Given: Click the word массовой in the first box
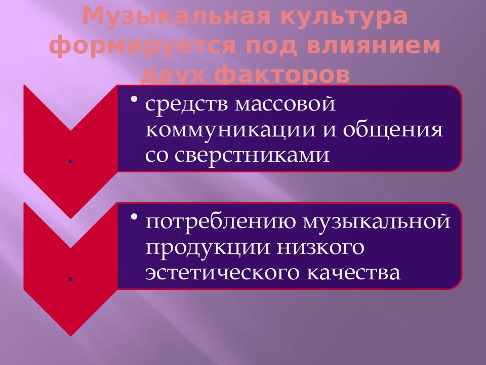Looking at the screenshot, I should tap(286, 105).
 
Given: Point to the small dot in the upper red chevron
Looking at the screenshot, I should tap(70, 160).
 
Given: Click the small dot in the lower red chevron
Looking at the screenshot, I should tap(70, 278).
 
